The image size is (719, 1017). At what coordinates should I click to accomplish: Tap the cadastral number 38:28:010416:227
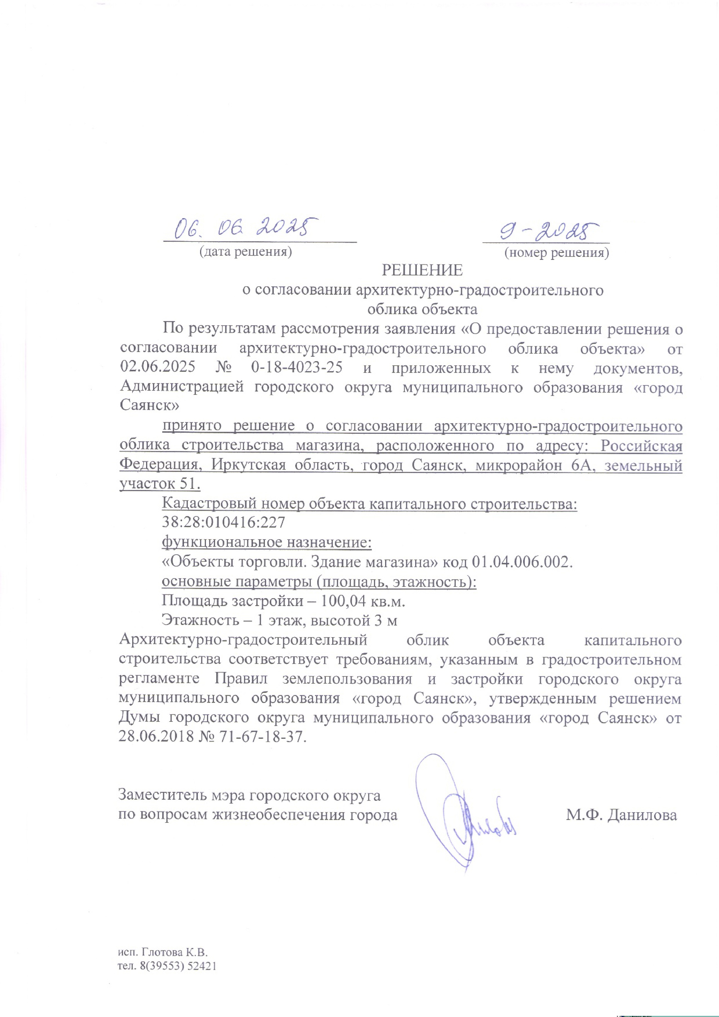[x=223, y=523]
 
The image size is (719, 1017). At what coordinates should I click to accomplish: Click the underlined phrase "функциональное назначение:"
[x=266, y=542]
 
